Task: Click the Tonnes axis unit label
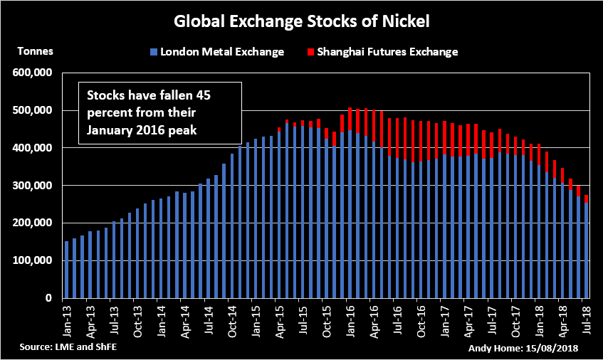pyautogui.click(x=35, y=51)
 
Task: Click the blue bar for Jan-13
pyautogui.click(x=67, y=270)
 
